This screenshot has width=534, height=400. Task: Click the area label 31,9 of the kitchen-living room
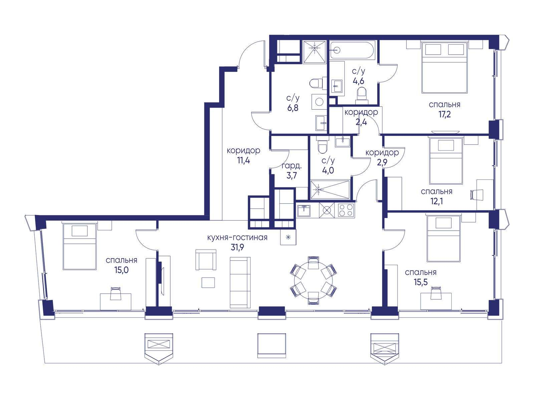click(237, 247)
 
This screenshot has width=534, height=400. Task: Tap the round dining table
click(313, 280)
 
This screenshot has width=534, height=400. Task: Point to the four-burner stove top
click(346, 210)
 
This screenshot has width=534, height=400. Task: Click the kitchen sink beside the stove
click(303, 210)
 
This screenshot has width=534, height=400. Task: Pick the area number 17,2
click(445, 114)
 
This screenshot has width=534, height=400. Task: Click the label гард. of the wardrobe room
click(291, 166)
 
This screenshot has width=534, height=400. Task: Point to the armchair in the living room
click(206, 260)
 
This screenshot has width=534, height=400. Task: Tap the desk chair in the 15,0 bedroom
click(115, 294)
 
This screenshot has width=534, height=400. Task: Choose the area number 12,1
click(437, 201)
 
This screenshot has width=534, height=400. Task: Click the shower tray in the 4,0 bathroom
click(330, 189)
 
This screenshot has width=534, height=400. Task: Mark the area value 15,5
click(421, 282)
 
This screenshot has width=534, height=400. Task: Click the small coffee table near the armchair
click(208, 282)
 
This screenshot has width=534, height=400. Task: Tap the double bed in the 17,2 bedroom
click(445, 68)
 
